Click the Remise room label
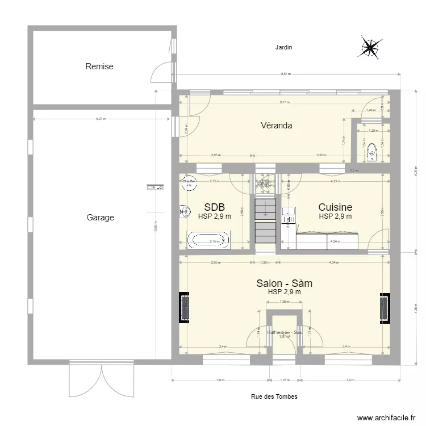[x=99, y=66]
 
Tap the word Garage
[x=100, y=217]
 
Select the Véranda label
[x=277, y=126]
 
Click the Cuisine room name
[x=335, y=207]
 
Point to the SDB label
[x=214, y=207]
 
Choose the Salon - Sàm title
[x=284, y=283]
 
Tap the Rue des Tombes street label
[x=274, y=396]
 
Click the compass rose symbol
[x=370, y=48]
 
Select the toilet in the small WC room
[x=372, y=152]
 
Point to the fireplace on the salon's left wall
[x=185, y=308]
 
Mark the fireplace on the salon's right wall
[x=385, y=308]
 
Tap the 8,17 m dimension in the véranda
[x=284, y=103]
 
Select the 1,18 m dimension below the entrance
[x=285, y=381]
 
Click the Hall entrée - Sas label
[x=285, y=333]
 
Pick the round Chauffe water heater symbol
[x=187, y=182]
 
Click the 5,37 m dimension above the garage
[x=100, y=119]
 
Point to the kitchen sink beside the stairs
[x=289, y=215]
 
